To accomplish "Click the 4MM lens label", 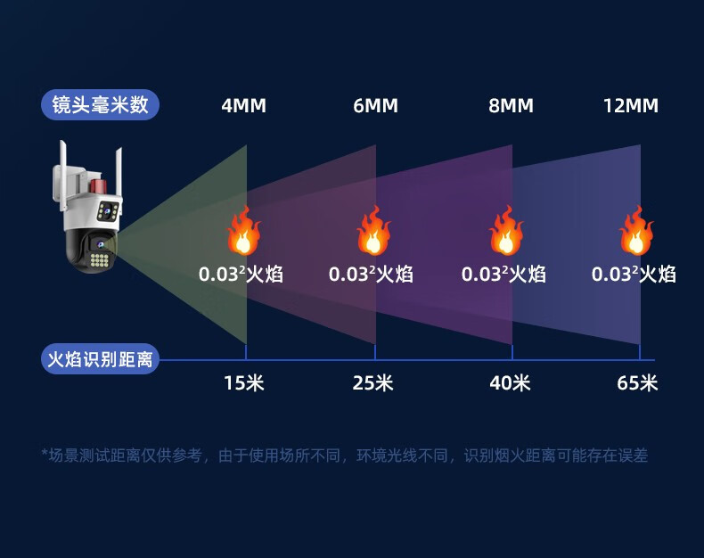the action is [x=243, y=106].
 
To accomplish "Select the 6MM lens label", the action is [x=375, y=106].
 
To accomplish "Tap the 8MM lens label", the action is [x=511, y=106].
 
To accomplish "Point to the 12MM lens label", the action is [x=630, y=106].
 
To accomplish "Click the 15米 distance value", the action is [x=243, y=383].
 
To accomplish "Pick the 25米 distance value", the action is [x=372, y=383].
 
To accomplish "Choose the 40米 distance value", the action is [x=510, y=383].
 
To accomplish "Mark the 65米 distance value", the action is [x=637, y=383].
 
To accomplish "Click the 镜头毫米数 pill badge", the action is [x=100, y=105].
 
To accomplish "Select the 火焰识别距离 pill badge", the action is [x=100, y=360].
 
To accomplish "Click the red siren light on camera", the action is [x=99, y=185].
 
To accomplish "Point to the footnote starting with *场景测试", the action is [x=344, y=455].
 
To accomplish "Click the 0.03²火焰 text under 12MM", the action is [x=634, y=274].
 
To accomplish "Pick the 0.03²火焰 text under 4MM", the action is [x=241, y=274].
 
